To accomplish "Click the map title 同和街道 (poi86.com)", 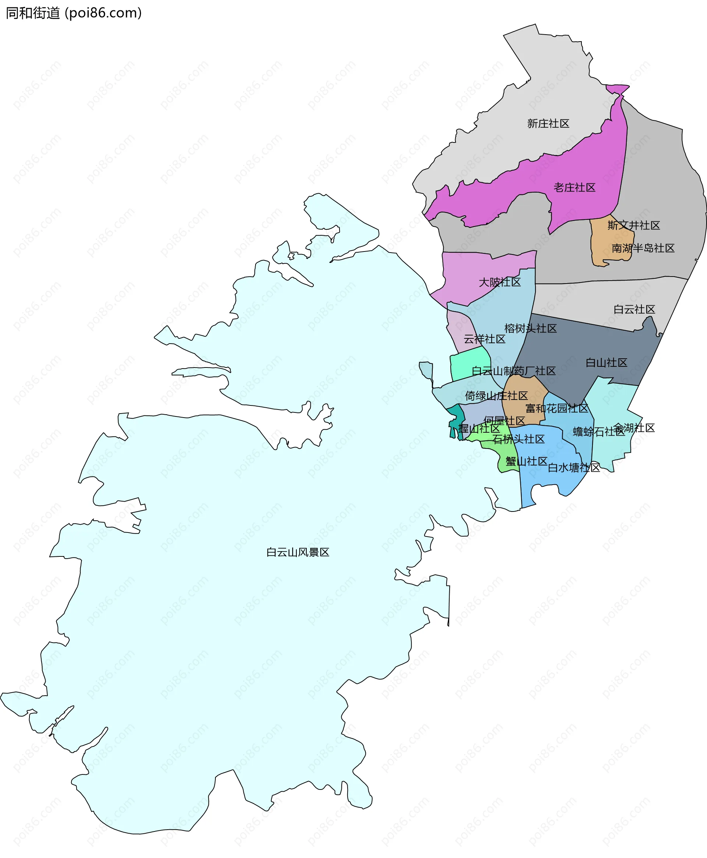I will tap(74, 13).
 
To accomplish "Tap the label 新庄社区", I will tap(548, 123).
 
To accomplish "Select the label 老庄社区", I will tap(574, 187).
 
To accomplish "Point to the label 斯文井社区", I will tap(634, 225).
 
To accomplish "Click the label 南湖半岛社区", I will tap(643, 248).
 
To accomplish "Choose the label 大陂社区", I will tap(500, 282).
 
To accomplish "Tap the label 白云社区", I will tap(634, 309).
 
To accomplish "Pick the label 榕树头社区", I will tap(530, 328).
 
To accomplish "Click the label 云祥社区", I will tap(484, 339).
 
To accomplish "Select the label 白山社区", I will tap(606, 362).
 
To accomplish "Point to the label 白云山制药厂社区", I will tap(514, 370).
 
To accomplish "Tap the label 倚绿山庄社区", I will tap(496, 395).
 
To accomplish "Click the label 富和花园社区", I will tap(557, 408).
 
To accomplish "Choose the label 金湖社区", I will tap(634, 428).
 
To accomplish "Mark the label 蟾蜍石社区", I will tap(598, 432).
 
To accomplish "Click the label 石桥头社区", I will tap(518, 439).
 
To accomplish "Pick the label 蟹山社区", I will tap(526, 461).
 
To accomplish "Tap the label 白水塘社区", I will tap(574, 468).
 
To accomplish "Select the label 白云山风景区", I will tap(298, 552).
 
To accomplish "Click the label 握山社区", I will tap(479, 428).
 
